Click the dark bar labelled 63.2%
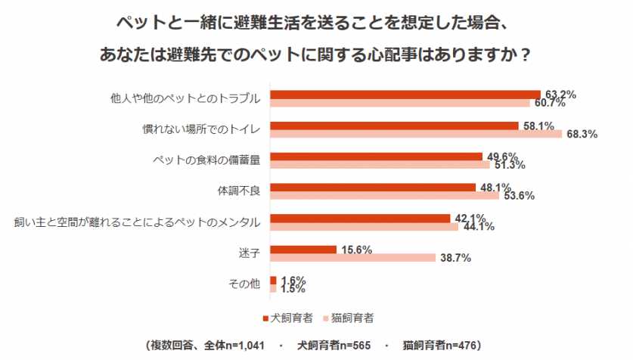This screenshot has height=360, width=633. [405, 95]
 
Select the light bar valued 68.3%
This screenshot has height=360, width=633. [417, 133]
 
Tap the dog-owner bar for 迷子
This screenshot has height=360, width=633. [303, 249]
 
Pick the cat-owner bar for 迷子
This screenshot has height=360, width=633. [352, 257]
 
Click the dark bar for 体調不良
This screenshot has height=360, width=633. [374, 187]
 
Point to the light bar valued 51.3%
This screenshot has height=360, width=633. [381, 165]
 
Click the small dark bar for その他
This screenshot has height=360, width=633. [273, 280]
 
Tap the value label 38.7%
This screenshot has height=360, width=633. [455, 258]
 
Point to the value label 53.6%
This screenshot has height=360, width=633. [519, 196]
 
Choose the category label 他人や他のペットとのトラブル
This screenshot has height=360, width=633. [185, 98]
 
